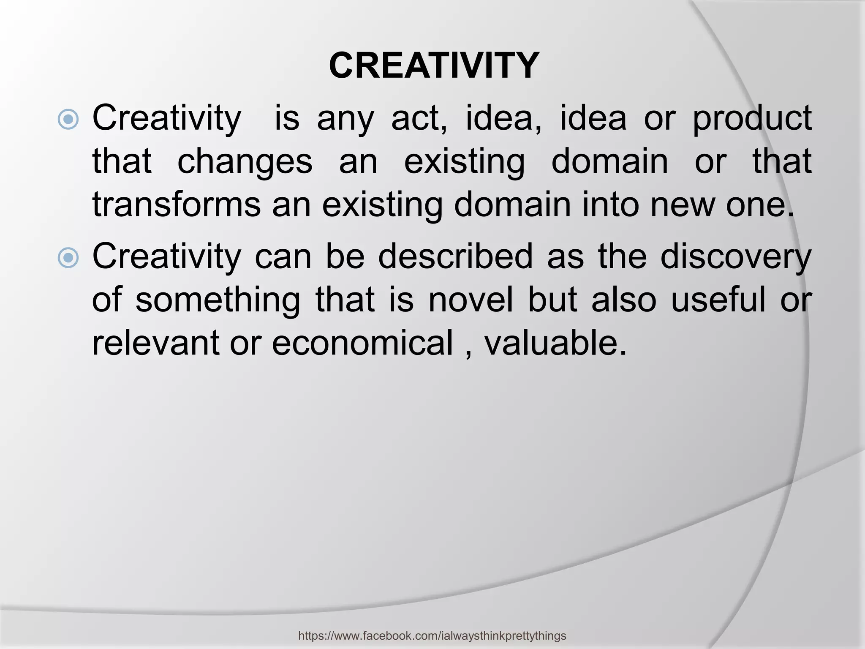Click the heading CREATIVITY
tap(434, 65)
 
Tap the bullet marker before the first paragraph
tap(68, 119)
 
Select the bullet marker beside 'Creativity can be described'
tap(68, 258)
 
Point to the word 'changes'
tap(245, 162)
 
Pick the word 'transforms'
tap(177, 205)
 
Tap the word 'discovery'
tap(735, 258)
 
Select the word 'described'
tap(455, 257)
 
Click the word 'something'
tap(218, 300)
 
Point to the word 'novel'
tap(471, 300)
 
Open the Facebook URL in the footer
tap(432, 635)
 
